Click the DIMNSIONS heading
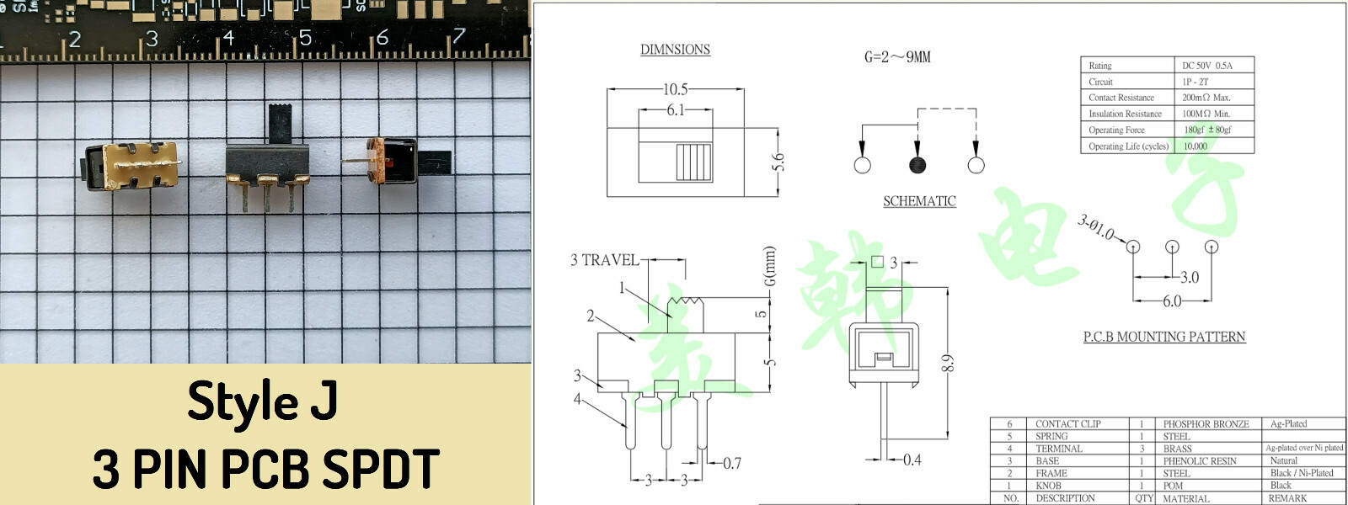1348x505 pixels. click(x=675, y=50)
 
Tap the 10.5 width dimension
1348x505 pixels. click(x=675, y=89)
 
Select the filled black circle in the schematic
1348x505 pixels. click(x=917, y=165)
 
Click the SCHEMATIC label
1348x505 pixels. click(x=919, y=201)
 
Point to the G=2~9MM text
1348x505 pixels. click(x=897, y=57)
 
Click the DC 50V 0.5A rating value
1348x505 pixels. click(x=1206, y=66)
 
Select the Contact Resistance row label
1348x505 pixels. click(x=1121, y=98)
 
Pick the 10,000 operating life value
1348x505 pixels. click(x=1195, y=146)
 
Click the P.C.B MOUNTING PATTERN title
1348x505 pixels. click(x=1163, y=337)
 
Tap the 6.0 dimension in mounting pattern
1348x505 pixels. click(x=1172, y=301)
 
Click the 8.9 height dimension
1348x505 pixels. click(x=948, y=364)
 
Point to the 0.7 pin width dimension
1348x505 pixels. click(x=732, y=463)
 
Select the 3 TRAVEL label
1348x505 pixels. click(x=604, y=260)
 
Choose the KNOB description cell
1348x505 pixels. click(x=1048, y=486)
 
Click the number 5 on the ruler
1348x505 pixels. click(x=305, y=38)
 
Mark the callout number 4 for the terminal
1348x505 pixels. click(x=577, y=399)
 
